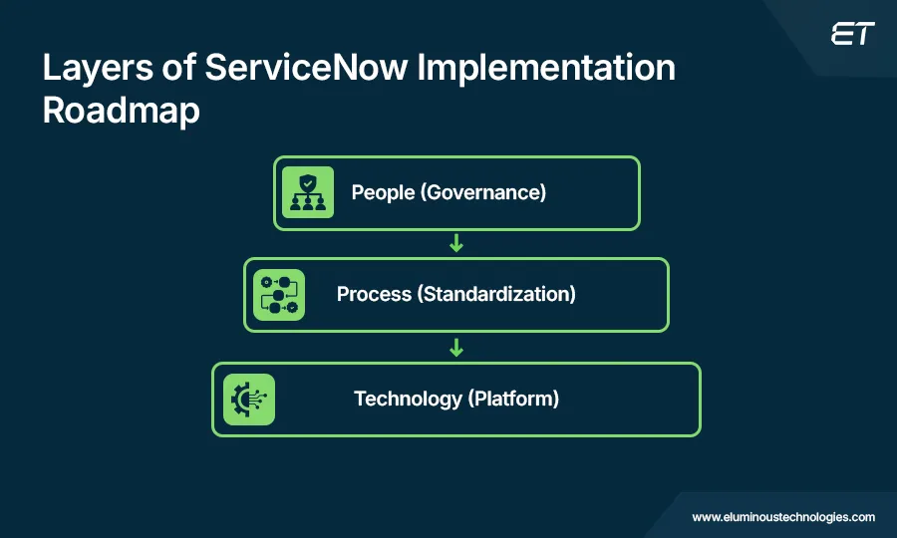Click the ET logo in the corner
click(x=852, y=35)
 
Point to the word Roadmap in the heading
click(x=121, y=111)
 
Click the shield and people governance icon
click(x=307, y=192)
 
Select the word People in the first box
click(x=383, y=192)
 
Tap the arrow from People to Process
click(x=456, y=244)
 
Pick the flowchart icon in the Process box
click(x=279, y=295)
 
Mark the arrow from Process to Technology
click(x=456, y=348)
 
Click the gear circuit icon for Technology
click(x=248, y=400)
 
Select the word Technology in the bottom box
click(x=408, y=400)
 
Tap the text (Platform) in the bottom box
click(x=513, y=400)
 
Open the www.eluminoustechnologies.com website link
click(x=783, y=517)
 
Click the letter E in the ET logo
click(x=841, y=35)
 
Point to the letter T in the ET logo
click(x=863, y=35)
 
